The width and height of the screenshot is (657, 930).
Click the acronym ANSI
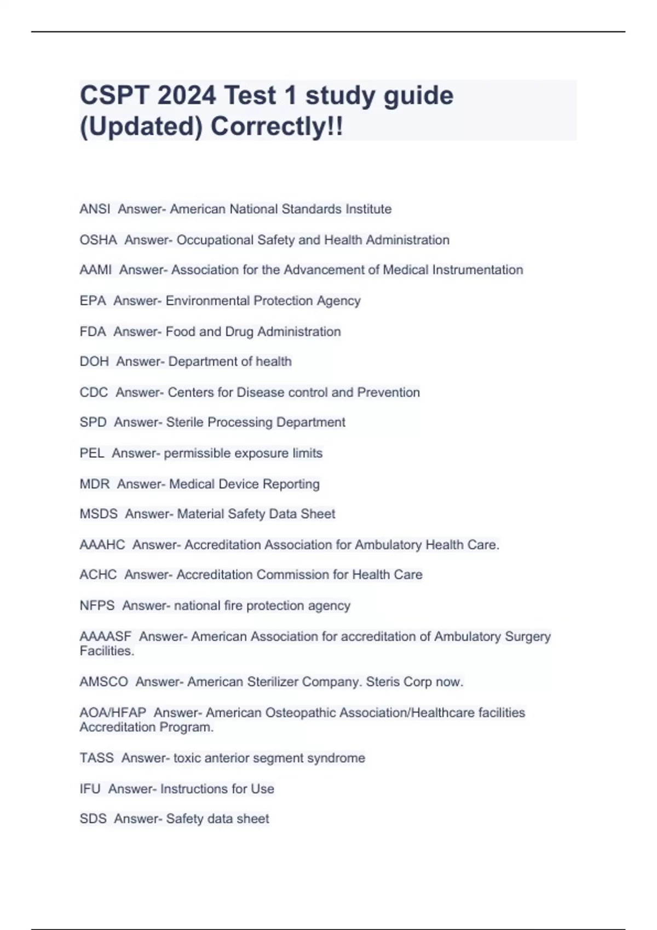coord(95,209)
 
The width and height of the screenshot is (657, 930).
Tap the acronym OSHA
coord(98,240)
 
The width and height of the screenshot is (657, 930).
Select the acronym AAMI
coord(96,270)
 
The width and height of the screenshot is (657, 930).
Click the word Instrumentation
coord(477,270)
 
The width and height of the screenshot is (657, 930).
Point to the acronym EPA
coord(93,301)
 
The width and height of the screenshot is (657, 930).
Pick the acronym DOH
coord(94,362)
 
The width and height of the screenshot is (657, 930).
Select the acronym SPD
coord(93,422)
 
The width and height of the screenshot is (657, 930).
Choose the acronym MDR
coord(95,484)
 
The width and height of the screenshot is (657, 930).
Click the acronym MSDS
coord(99,514)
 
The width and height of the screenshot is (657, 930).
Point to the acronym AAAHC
coord(102,545)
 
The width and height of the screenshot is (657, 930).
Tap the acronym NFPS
coord(97,606)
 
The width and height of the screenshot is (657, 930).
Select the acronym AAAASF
coord(106,637)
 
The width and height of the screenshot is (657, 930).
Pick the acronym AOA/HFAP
coord(113,713)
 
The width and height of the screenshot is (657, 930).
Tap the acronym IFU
coord(90,789)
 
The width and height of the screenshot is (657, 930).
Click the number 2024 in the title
coord(187,96)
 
